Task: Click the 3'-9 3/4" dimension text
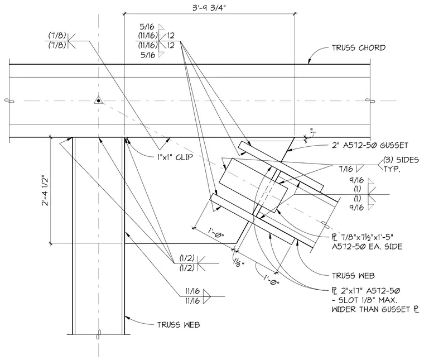[209, 8]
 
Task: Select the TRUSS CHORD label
[359, 48]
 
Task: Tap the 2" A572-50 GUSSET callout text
[370, 145]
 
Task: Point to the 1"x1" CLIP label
[175, 157]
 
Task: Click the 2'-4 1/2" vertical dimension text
[45, 191]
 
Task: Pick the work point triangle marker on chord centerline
[98, 100]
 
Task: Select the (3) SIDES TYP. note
[401, 165]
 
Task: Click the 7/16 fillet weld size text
[346, 169]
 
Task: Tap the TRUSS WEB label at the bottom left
[179, 325]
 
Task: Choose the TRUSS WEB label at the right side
[353, 276]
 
